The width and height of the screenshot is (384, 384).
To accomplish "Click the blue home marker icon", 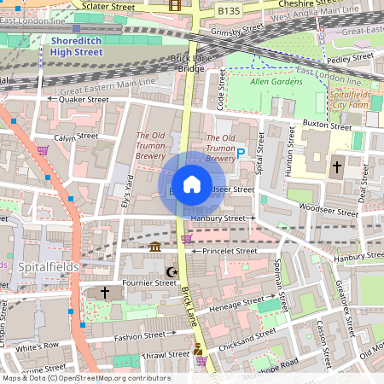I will (192, 184).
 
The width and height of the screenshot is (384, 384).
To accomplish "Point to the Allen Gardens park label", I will (271, 82).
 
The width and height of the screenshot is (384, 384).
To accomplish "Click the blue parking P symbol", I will (241, 153).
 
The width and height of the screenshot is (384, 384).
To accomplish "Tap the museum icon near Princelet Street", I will (155, 247).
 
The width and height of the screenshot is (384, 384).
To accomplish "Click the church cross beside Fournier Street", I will (105, 293).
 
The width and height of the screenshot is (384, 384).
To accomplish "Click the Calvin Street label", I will (76, 137).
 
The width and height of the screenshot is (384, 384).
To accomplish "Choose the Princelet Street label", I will (229, 251).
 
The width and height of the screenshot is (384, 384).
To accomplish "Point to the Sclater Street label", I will (109, 6).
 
